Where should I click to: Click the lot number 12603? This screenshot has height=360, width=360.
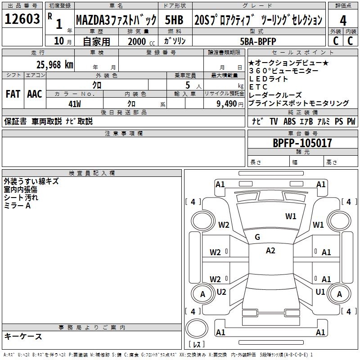point(22,20)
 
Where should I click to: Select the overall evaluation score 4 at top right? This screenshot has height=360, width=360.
point(343,20)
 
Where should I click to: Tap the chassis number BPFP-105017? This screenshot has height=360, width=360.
point(302,143)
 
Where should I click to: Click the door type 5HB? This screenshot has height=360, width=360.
point(174,20)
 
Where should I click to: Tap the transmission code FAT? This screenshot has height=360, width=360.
point(13,94)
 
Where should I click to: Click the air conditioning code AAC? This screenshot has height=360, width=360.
point(35,94)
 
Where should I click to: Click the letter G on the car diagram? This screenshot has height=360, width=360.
point(257,237)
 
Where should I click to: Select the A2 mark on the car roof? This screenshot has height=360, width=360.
point(270,251)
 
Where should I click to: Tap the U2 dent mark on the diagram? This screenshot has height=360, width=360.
point(221,292)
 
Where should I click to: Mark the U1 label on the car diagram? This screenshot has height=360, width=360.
point(320,292)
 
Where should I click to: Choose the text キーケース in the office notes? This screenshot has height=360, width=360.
point(23,337)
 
